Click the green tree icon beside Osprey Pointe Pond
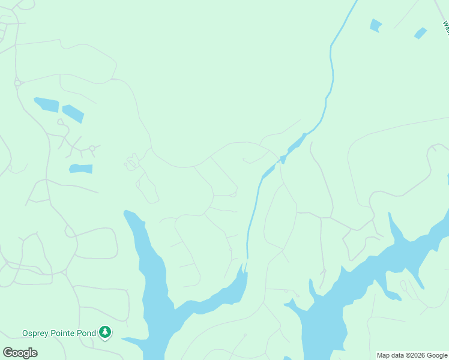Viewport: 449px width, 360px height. (105, 332)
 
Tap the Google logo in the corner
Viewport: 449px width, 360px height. (20, 353)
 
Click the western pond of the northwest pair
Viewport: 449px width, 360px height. (47, 104)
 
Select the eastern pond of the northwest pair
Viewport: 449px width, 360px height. (73, 113)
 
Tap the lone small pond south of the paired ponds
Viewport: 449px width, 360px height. (81, 169)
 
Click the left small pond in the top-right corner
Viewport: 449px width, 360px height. (376, 25)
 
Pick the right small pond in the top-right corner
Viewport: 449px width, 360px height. (420, 33)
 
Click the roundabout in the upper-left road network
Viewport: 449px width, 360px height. (18, 83)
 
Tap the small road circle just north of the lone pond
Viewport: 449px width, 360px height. (92, 148)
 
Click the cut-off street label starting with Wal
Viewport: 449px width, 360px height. (445, 28)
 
